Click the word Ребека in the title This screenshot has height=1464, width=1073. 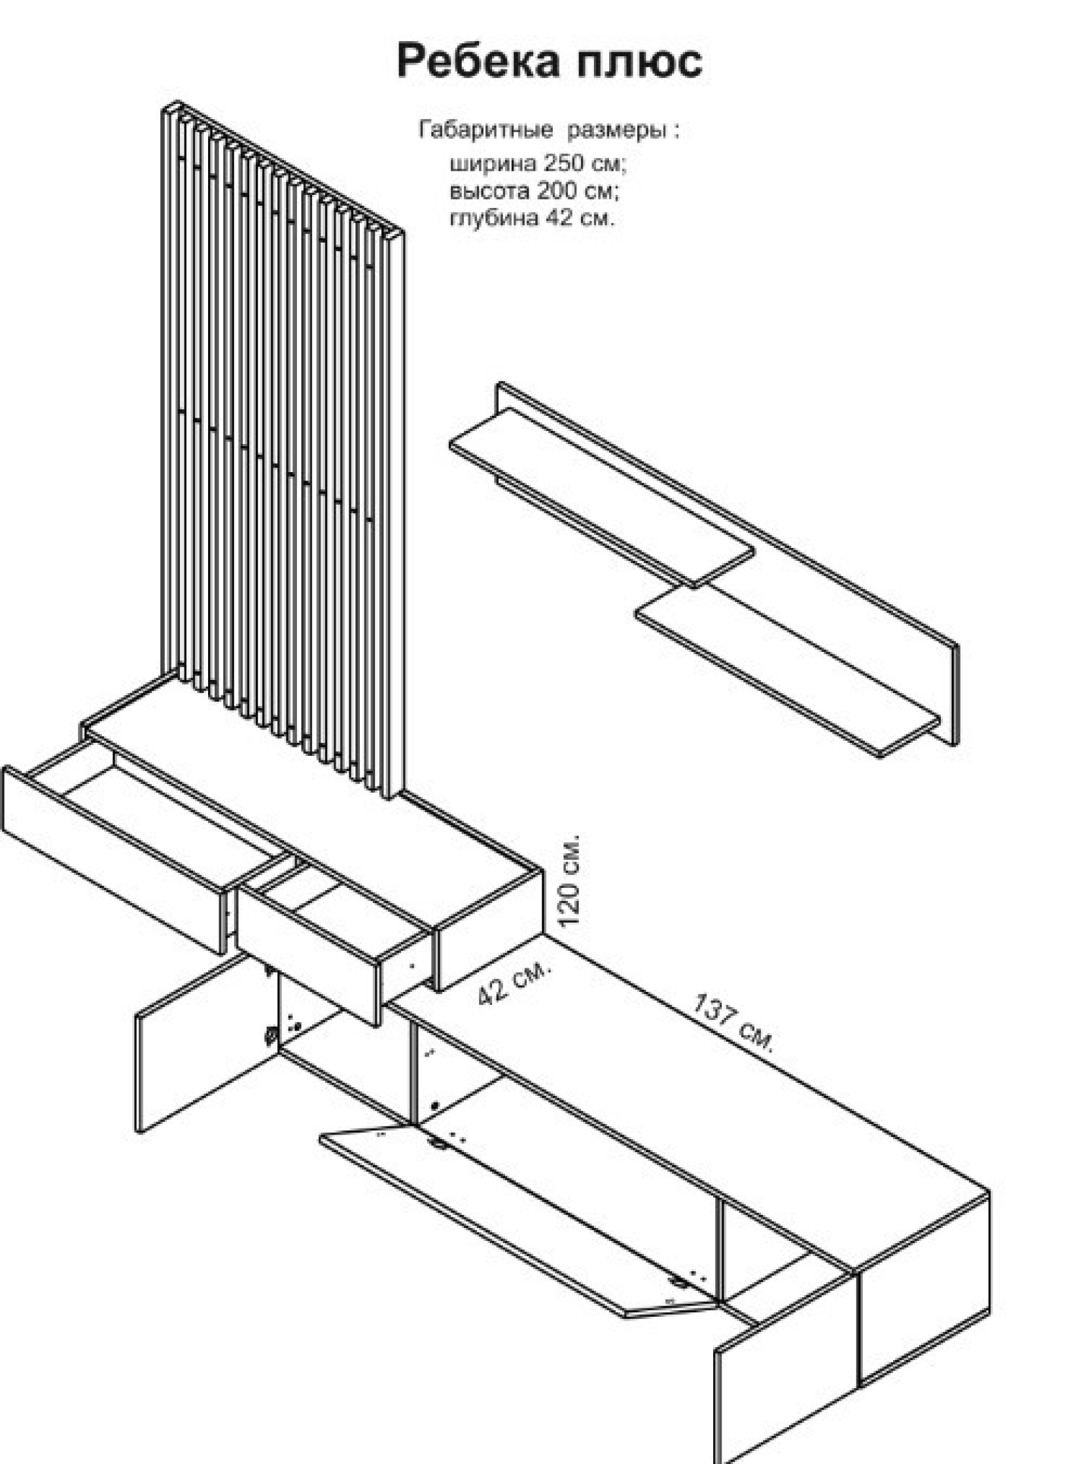(479, 61)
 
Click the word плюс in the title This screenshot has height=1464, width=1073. (641, 61)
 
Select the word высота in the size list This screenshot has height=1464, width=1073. (489, 191)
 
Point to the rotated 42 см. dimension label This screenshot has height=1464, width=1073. (514, 982)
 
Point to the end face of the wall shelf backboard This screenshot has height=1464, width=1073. (952, 694)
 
